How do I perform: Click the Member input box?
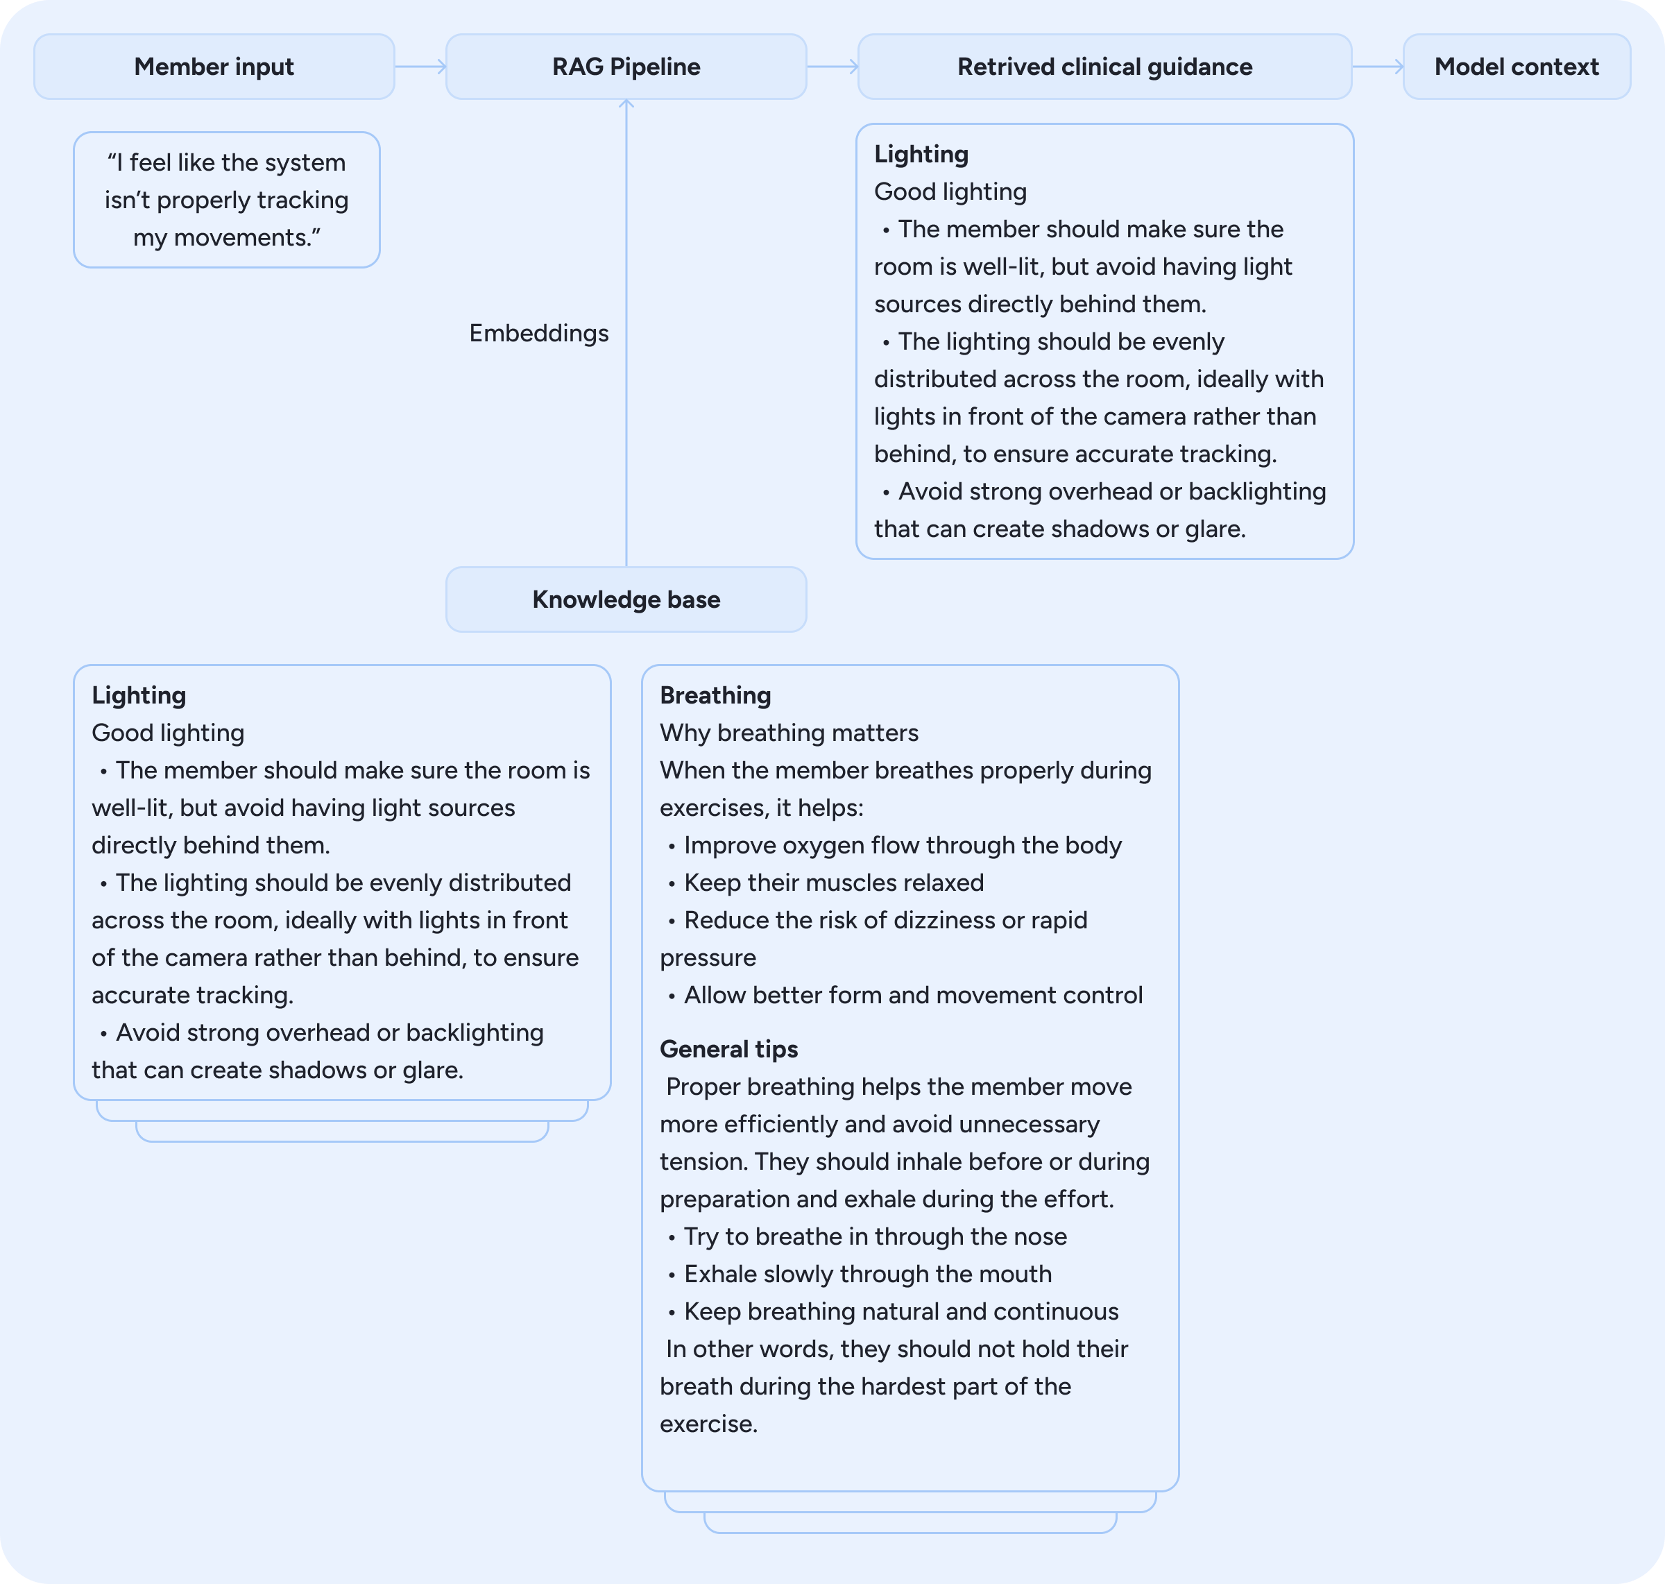click(x=214, y=67)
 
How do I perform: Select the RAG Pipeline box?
click(x=626, y=67)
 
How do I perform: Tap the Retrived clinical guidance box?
click(x=1104, y=67)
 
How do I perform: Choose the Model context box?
click(x=1517, y=67)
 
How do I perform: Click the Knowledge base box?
click(x=626, y=599)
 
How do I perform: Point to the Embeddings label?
click(x=538, y=334)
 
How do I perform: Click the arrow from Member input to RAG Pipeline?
click(x=420, y=67)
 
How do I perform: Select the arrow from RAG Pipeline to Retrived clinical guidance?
click(x=832, y=67)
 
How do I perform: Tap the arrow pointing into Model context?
click(x=1378, y=67)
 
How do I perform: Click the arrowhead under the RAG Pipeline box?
click(x=626, y=104)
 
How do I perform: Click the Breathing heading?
click(x=715, y=696)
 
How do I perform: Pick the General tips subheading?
click(x=728, y=1050)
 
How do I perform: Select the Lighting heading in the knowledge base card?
click(x=139, y=696)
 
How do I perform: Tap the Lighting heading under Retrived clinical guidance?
click(x=921, y=155)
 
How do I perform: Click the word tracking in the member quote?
click(x=302, y=200)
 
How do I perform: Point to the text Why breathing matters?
click(x=789, y=733)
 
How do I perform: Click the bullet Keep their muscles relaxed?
click(x=833, y=883)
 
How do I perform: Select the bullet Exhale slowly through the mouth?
click(x=867, y=1274)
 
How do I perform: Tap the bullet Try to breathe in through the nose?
click(x=875, y=1237)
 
